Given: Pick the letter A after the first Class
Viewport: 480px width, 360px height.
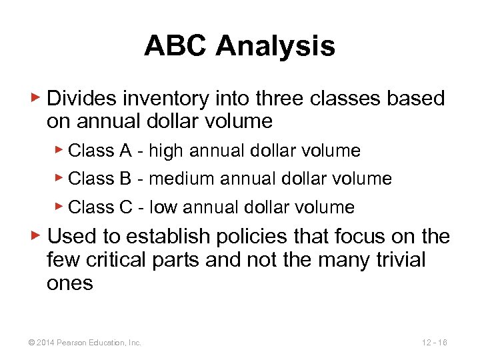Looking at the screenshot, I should click(x=125, y=151).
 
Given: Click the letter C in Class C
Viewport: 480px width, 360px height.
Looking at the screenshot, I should click(x=126, y=207).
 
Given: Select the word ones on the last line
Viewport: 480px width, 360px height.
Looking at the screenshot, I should click(x=69, y=283).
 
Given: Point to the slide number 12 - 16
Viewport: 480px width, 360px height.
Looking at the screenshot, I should click(x=434, y=343).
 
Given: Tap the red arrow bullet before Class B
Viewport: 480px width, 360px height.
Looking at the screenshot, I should click(x=60, y=178).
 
